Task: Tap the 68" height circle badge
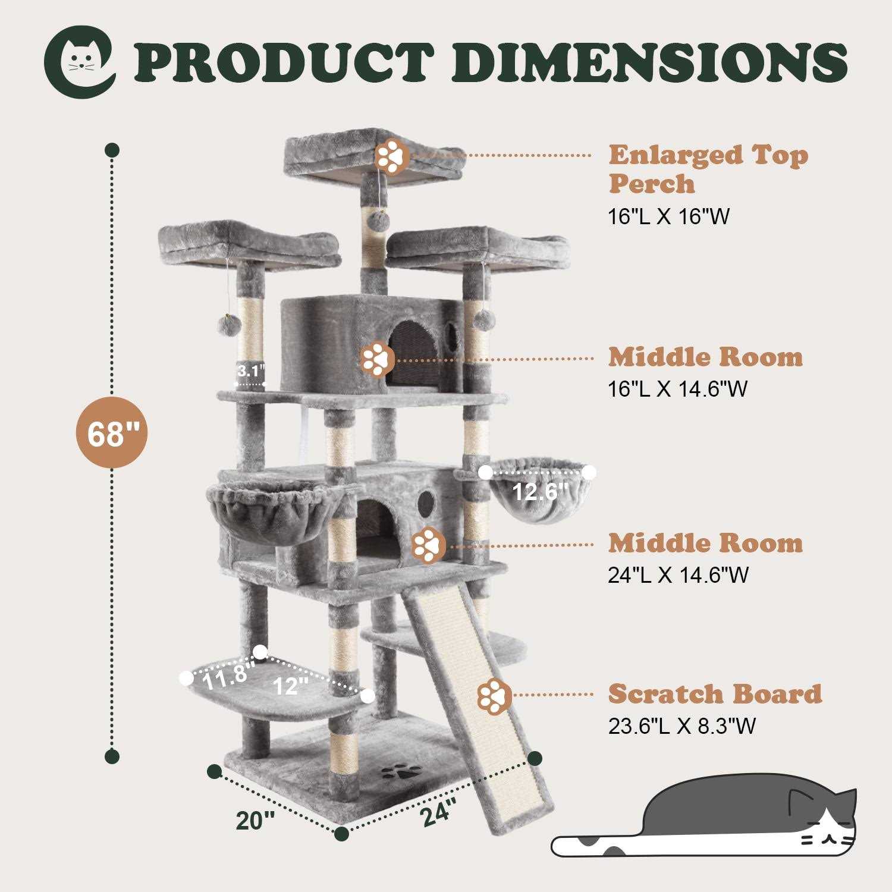click(x=111, y=434)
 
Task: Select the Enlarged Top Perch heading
click(x=708, y=169)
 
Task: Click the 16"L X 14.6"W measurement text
click(x=677, y=389)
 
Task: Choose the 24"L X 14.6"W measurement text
click(x=678, y=575)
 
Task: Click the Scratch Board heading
click(x=715, y=693)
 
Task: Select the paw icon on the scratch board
click(x=494, y=694)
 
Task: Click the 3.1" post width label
click(x=250, y=372)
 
